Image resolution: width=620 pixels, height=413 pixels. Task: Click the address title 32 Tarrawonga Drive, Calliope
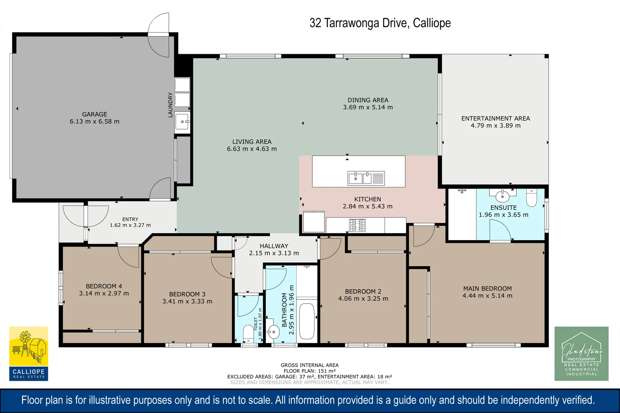pos(380,23)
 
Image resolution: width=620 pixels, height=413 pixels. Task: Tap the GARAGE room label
pos(95,114)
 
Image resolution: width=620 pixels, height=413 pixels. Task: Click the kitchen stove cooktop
pos(357,225)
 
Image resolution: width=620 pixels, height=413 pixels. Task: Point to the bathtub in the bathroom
pos(307,321)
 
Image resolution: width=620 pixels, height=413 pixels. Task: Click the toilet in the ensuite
pos(532,198)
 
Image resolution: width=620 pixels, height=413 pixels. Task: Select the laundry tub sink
pos(183,122)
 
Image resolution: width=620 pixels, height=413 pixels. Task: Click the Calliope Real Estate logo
pos(29,354)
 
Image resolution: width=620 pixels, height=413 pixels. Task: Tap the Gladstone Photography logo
pos(581,354)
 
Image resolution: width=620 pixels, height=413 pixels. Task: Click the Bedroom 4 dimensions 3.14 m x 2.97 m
pos(104,294)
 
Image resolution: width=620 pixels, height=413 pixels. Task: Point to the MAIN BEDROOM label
pos(488,288)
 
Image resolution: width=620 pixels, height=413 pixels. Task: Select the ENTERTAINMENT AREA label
pos(496,119)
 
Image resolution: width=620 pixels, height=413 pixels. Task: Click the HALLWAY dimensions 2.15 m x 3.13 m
pos(274,253)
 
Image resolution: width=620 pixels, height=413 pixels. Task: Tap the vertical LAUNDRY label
pos(170,105)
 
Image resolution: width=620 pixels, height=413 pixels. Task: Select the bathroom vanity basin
pos(274,332)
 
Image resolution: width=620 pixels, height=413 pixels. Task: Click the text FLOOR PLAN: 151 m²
pos(310,371)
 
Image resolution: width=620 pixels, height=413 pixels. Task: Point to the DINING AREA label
pos(368,100)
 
